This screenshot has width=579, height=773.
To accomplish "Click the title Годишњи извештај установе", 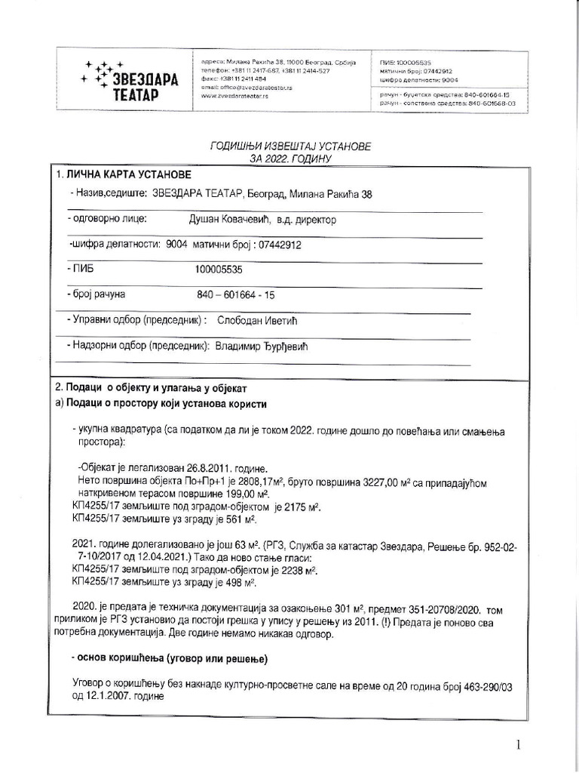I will point(290,146).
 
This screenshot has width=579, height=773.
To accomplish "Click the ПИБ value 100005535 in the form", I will point(219,269).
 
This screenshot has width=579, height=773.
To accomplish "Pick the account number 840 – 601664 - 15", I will point(235,294).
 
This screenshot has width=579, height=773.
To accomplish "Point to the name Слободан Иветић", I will point(258,320).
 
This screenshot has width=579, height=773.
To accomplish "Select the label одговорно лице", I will point(108,220).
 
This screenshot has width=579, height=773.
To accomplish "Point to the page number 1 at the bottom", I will point(519,746).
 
